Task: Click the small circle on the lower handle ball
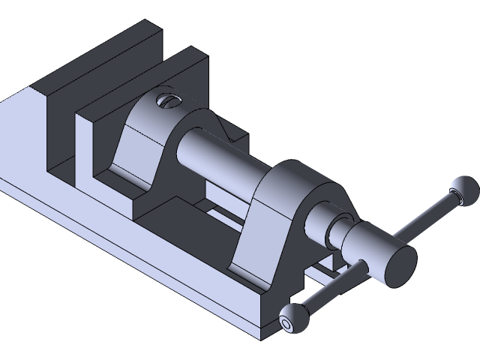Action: (286, 324)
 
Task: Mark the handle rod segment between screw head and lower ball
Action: (330, 289)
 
